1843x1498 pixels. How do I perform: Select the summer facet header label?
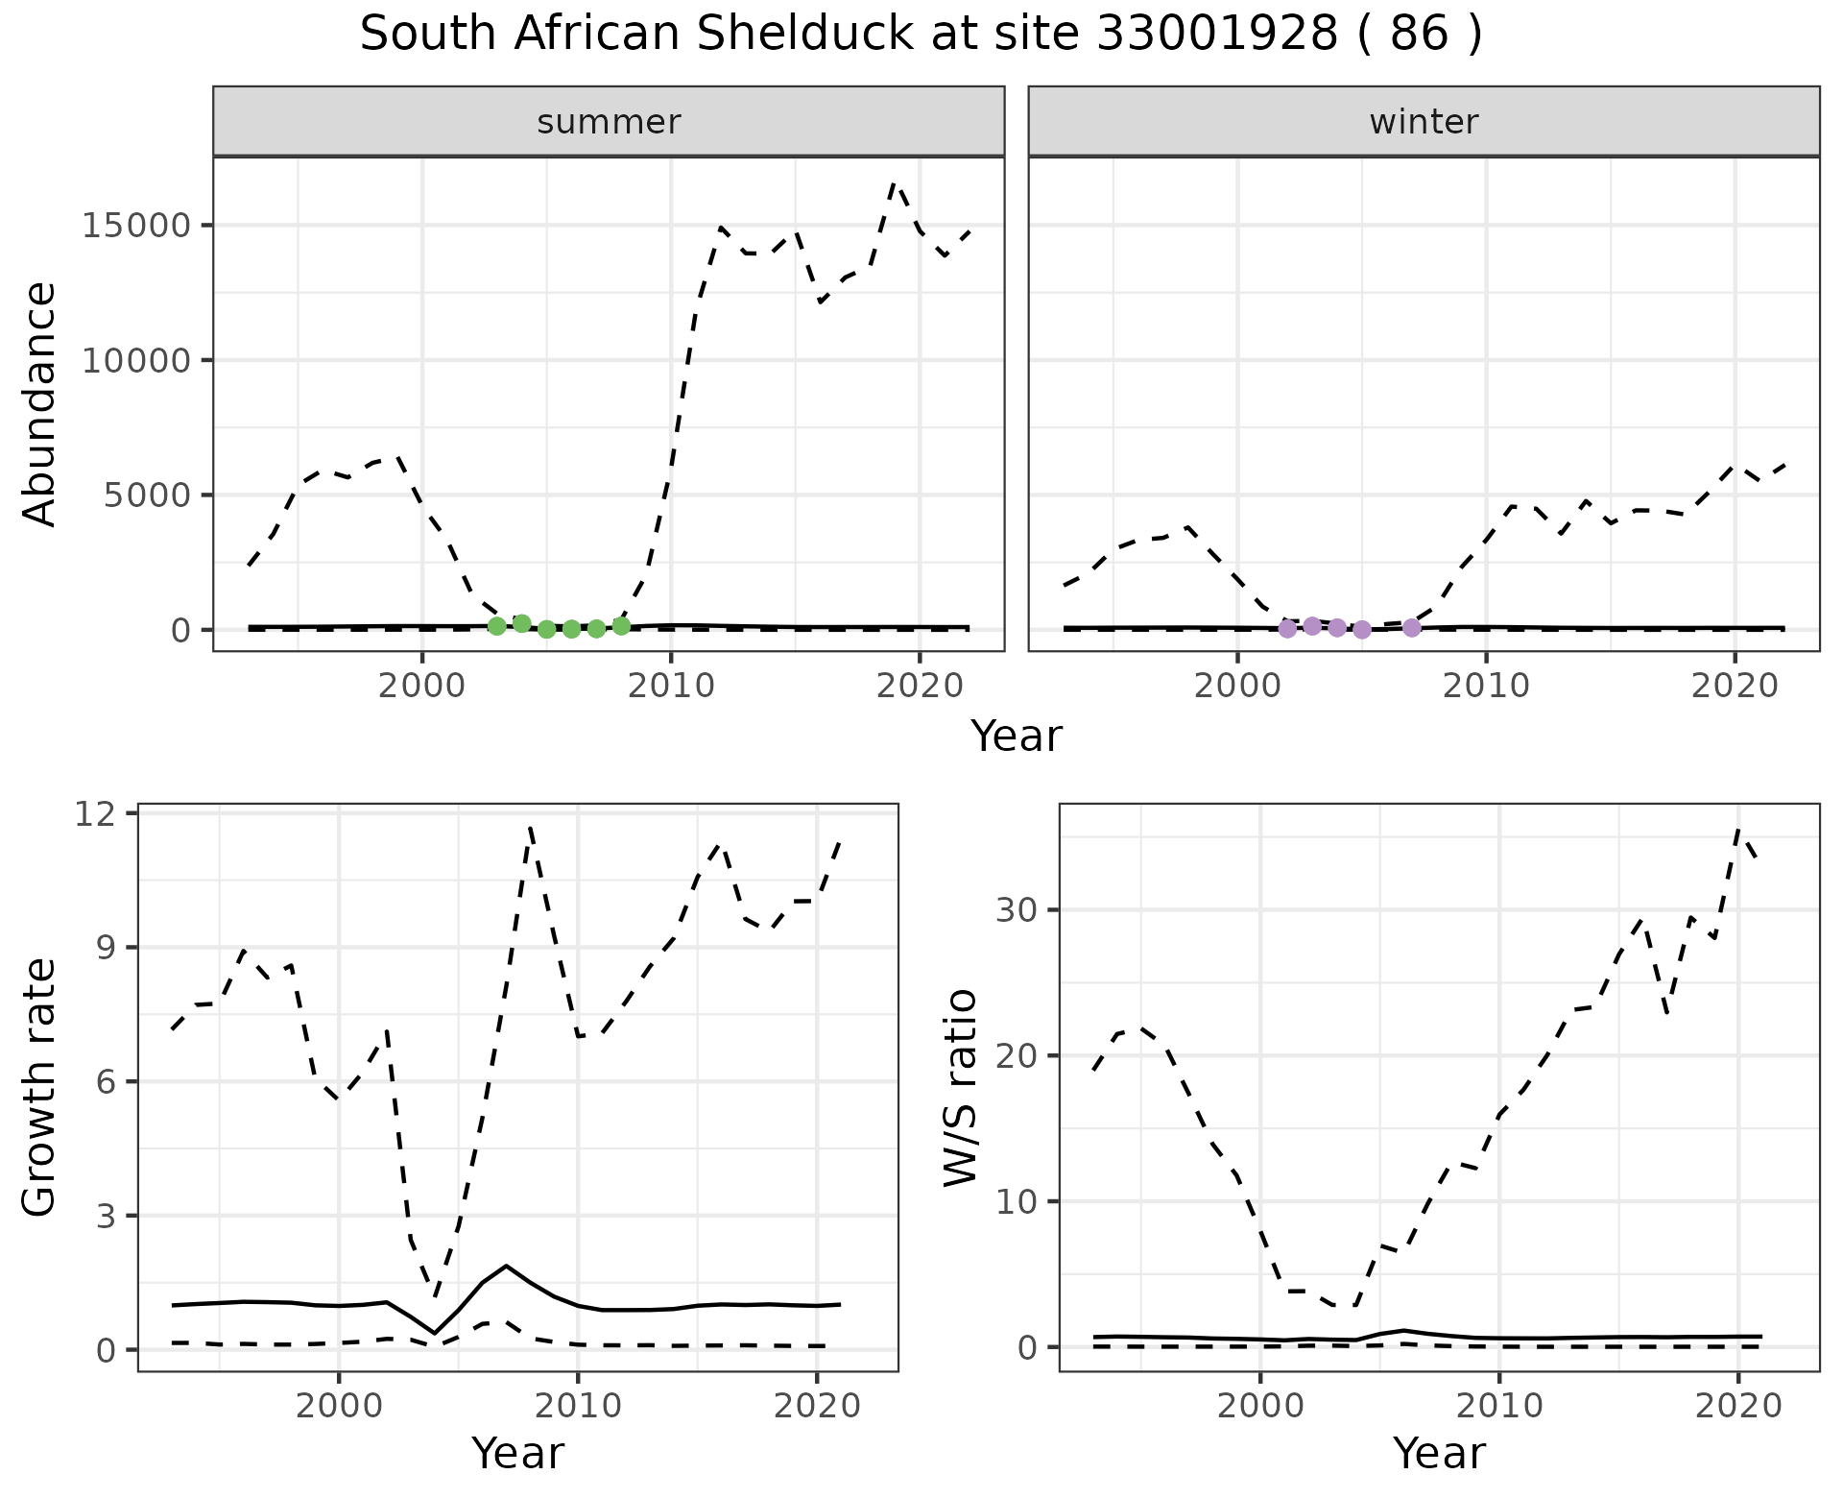pyautogui.click(x=609, y=122)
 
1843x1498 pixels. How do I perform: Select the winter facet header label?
pyautogui.click(x=1424, y=122)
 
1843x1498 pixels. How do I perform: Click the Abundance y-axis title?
pyautogui.click(x=40, y=403)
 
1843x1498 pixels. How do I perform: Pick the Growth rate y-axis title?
pyautogui.click(x=40, y=1087)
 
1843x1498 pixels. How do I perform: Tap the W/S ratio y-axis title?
pyautogui.click(x=961, y=1087)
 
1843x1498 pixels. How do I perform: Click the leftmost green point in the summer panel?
pyautogui.click(x=496, y=626)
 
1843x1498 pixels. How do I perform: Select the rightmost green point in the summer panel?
pyautogui.click(x=621, y=626)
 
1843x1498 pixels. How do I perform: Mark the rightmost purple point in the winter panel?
pyautogui.click(x=1411, y=628)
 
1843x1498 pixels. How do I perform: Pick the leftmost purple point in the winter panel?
pyautogui.click(x=1287, y=629)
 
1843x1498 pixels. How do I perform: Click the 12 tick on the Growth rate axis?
pyautogui.click(x=100, y=813)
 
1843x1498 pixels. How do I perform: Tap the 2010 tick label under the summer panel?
pyautogui.click(x=670, y=687)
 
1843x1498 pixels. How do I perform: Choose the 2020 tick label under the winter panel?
pyautogui.click(x=1735, y=687)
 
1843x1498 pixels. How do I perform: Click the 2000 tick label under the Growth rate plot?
pyautogui.click(x=338, y=1407)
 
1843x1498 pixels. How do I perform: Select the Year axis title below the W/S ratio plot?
pyautogui.click(x=1439, y=1454)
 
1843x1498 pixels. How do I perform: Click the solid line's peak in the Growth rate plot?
pyautogui.click(x=506, y=1267)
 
